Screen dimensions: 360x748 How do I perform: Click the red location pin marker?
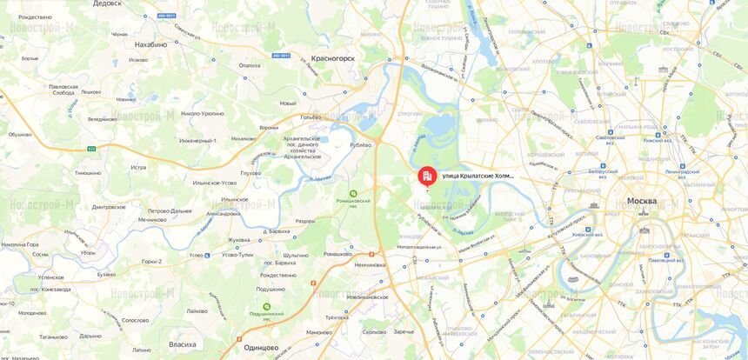tap(427, 176)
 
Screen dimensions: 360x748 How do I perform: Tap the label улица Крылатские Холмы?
tap(478, 176)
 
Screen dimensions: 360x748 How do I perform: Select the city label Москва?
tap(642, 201)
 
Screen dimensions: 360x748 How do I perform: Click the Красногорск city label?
tap(333, 58)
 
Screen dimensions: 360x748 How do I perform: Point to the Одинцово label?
tap(261, 347)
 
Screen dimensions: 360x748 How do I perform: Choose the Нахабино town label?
tap(150, 43)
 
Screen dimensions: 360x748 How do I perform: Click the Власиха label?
tap(182, 344)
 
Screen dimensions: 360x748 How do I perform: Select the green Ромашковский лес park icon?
tap(353, 193)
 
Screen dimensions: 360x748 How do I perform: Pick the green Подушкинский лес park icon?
tap(266, 307)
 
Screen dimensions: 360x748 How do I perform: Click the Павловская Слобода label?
tap(63, 90)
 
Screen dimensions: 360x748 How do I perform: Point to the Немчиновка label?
tap(369, 264)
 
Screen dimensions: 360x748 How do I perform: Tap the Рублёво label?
tap(360, 144)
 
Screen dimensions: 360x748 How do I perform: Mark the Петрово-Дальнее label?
tap(170, 210)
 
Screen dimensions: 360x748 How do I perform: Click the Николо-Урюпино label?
tap(202, 114)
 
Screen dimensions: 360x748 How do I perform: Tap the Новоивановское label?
tap(367, 297)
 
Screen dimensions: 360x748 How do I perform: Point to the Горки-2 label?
tap(152, 261)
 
